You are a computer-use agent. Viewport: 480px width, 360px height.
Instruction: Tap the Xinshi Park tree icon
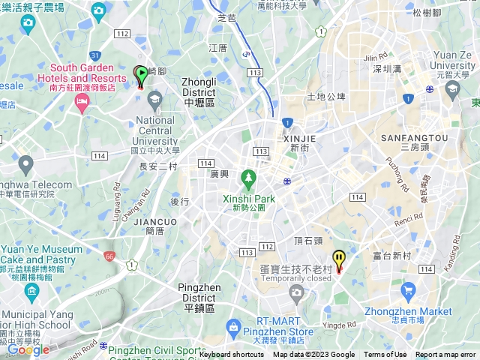(248, 179)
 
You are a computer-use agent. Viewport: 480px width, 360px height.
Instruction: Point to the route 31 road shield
(94, 55)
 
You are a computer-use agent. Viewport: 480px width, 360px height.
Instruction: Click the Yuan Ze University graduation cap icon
(452, 90)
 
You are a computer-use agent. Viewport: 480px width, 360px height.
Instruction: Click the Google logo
(28, 349)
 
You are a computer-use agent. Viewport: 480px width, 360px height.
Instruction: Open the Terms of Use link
(385, 355)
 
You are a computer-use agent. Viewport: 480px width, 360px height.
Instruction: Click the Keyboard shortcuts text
(232, 355)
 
